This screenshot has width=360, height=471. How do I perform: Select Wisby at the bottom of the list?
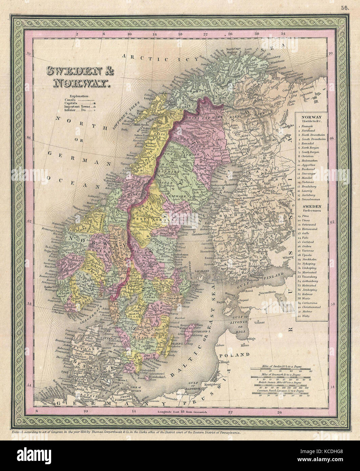pyautogui.click(x=306, y=316)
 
